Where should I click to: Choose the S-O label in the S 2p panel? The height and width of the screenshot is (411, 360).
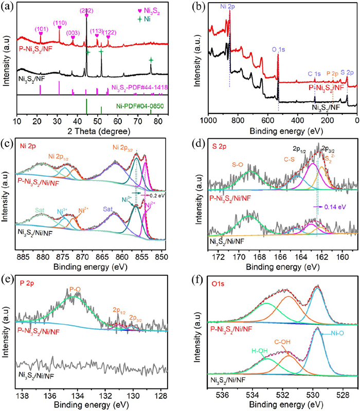(x=238, y=164)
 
